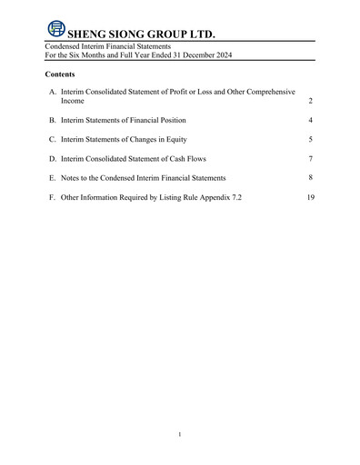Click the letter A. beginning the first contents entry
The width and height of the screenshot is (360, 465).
click(x=53, y=93)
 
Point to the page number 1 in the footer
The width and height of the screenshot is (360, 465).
click(x=180, y=436)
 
